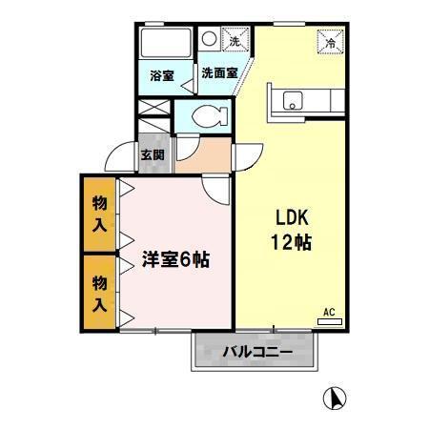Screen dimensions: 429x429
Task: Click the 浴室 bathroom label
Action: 162,75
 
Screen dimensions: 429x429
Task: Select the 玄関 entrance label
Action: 152,155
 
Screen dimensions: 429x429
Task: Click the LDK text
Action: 290,215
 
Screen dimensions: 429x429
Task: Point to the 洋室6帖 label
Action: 176,258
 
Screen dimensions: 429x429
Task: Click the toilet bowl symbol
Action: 209,116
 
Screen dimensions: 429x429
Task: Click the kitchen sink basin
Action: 291,99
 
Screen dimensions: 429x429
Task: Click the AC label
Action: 328,312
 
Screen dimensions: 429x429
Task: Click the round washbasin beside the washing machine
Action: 209,40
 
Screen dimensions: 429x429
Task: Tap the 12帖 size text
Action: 290,241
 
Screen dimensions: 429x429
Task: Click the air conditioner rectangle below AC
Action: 329,321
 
